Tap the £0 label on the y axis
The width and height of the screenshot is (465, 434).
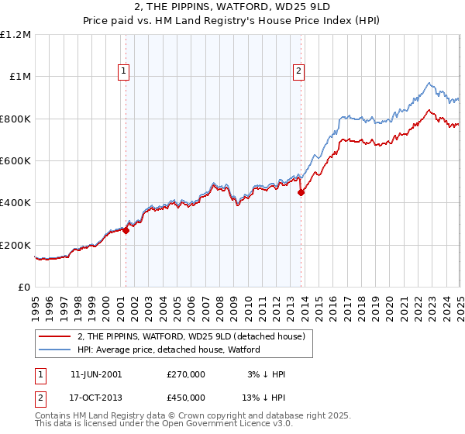(25, 288)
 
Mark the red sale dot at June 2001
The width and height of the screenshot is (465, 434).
(126, 230)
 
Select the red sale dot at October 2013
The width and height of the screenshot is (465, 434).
(301, 193)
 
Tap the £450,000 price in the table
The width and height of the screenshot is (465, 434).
(186, 397)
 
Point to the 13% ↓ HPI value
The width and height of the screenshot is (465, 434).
(264, 397)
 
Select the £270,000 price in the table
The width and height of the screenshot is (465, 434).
(186, 374)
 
